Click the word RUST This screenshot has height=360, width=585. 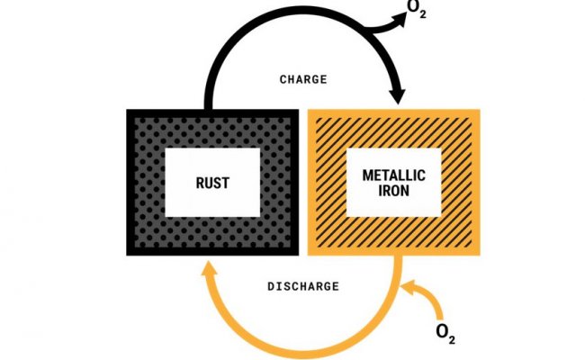pos(212,183)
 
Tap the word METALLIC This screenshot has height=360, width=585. pos(392,172)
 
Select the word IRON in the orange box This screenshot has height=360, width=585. pos(392,193)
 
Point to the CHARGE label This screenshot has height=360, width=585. pos(303,78)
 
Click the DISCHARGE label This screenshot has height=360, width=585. pos(303,286)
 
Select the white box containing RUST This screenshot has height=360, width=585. pos(212,183)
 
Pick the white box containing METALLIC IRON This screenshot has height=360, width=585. pos(392,183)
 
